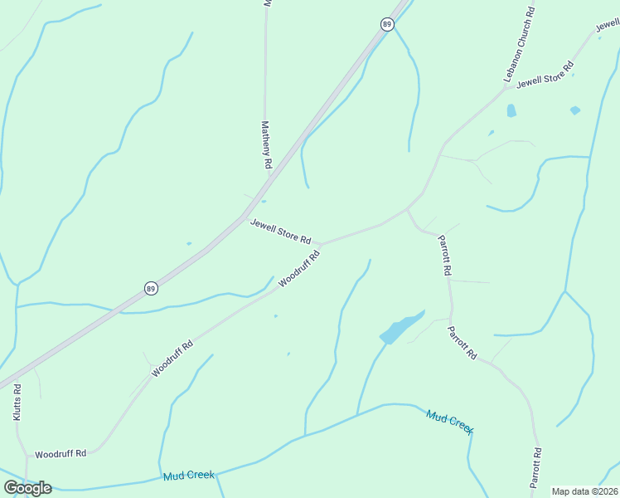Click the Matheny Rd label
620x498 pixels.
266,145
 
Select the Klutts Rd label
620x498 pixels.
17,401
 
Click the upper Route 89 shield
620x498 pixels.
387,24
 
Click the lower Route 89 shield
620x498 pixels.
150,288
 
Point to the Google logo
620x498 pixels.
27,487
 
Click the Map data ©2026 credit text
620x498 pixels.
585,491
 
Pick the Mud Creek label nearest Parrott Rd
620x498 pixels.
449,421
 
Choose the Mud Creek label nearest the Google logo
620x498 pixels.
189,475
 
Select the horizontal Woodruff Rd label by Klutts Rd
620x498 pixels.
61,454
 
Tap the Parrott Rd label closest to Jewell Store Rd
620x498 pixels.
444,255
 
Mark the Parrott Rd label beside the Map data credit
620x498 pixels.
536,468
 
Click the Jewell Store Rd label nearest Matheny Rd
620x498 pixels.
281,232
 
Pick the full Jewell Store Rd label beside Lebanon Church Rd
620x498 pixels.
545,76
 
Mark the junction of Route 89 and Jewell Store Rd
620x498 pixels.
245,217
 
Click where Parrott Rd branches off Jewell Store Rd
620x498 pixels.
407,208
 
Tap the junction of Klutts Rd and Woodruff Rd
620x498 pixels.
27,456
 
